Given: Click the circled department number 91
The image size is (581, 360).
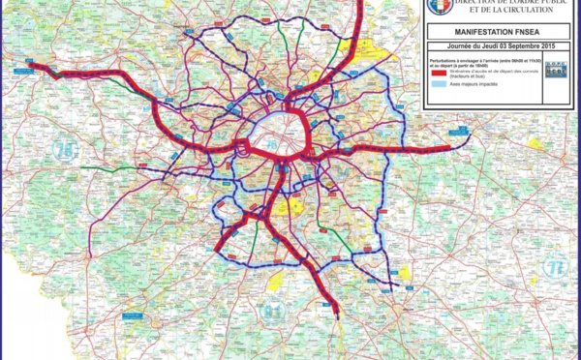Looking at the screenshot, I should pos(274,311).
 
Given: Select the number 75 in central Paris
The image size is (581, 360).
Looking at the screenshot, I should pos(270,144).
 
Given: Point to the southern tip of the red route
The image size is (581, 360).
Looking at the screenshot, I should pos(335,312).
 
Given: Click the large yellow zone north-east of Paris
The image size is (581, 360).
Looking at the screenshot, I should pos(363,54).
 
